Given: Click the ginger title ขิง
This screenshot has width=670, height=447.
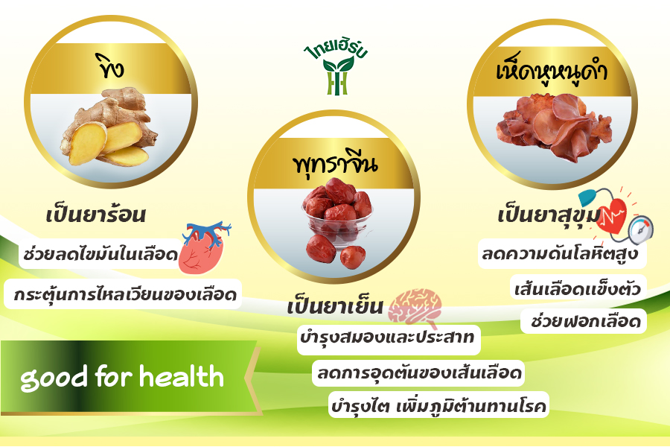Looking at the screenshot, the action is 110,67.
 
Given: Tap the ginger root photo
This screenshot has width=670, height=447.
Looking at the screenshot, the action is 109,127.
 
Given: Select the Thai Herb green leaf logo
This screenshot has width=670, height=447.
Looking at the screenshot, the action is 337,69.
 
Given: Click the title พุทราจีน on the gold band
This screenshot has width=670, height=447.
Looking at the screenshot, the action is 335,164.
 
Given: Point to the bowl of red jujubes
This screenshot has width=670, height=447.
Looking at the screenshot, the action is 337,223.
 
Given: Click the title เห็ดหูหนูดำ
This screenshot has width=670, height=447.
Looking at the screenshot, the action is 552,71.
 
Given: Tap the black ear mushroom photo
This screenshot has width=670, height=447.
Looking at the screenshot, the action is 554,127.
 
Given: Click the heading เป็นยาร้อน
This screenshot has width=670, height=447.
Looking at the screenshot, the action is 96,215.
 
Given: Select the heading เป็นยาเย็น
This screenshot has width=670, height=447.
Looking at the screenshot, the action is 335,306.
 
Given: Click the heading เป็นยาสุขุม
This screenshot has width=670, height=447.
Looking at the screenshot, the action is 549,215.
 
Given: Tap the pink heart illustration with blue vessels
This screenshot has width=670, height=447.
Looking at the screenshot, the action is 203,247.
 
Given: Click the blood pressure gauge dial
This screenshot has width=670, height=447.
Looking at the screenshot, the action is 640,229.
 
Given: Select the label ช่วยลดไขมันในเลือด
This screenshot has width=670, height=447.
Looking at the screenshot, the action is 100,254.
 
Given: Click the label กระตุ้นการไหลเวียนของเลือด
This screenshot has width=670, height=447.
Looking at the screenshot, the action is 125,294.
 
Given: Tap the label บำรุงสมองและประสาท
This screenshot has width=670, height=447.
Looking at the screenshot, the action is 387,337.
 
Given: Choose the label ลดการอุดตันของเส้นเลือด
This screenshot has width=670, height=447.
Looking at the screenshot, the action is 419,372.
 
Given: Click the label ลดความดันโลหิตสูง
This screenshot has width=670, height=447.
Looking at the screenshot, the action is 560,254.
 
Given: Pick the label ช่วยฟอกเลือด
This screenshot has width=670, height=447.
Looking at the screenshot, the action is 586,321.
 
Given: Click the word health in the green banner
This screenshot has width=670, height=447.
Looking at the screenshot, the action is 182,376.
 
